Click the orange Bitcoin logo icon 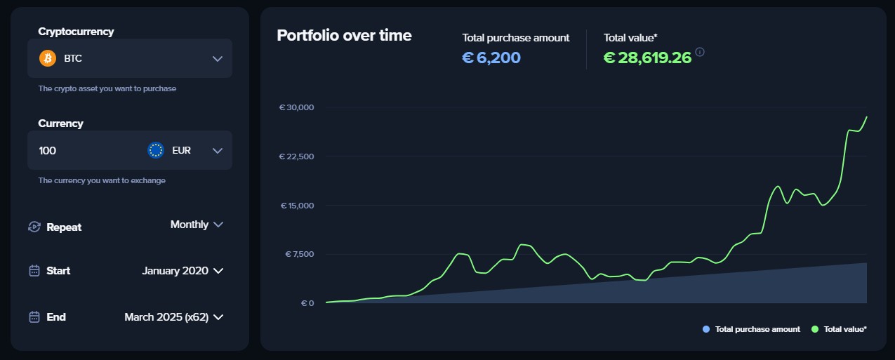pos(48,58)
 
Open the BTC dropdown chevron pos(218,58)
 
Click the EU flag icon pos(156,150)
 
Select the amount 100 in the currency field pos(48,150)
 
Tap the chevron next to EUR pos(218,150)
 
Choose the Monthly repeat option pos(190,225)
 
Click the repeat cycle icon pos(34,227)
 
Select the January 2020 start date pos(175,271)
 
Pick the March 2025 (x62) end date pos(167,317)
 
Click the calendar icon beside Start pos(34,271)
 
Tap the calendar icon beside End pos(34,317)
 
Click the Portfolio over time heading pos(344,35)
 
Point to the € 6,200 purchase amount pos(491,58)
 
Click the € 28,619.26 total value pos(647,58)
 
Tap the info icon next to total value pos(700,52)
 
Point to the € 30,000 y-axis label pos(296,107)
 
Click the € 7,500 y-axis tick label pos(298,254)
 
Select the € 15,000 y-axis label pos(297,206)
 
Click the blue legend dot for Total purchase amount pos(706,329)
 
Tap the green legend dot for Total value pos(815,329)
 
